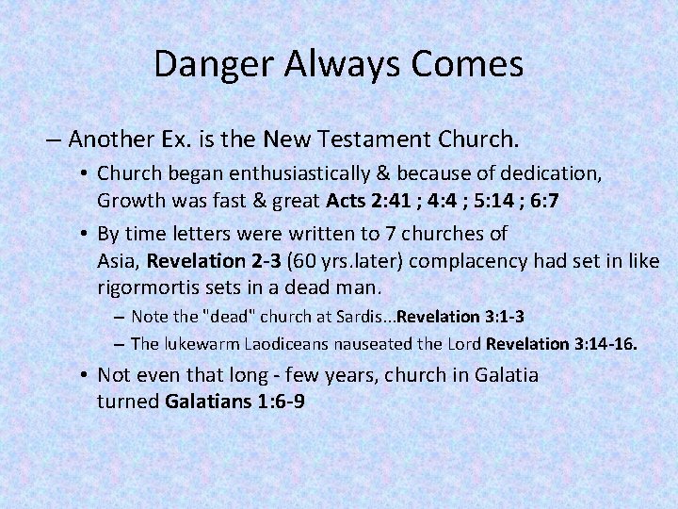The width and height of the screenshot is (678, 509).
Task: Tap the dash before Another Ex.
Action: (x=53, y=141)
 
